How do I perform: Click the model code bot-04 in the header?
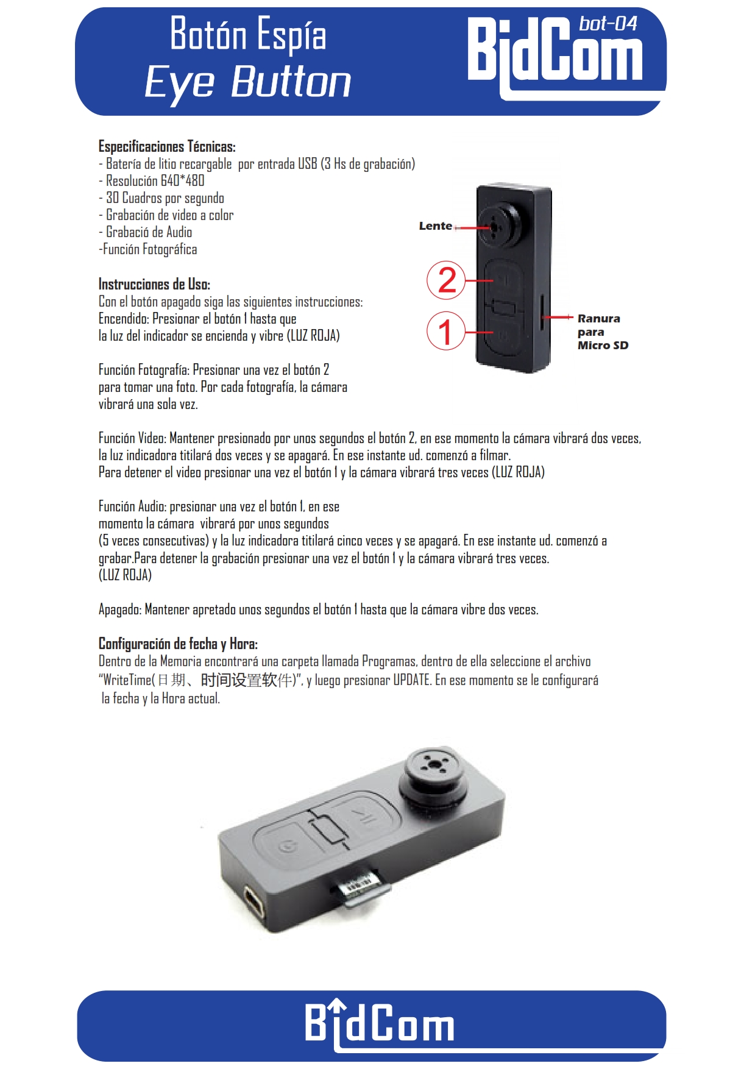pyautogui.click(x=608, y=24)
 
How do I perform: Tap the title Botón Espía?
pyautogui.click(x=248, y=34)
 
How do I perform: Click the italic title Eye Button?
pyautogui.click(x=248, y=82)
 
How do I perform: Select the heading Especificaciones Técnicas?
pyautogui.click(x=167, y=146)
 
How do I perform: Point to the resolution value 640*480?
pyautogui.click(x=182, y=181)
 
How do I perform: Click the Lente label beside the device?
pyautogui.click(x=435, y=226)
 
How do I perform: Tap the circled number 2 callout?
pyautogui.click(x=446, y=280)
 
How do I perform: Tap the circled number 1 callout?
pyautogui.click(x=445, y=331)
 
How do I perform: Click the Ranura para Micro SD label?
pyautogui.click(x=601, y=332)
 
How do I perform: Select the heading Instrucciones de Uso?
pyautogui.click(x=154, y=284)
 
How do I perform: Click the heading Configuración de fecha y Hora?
pyautogui.click(x=178, y=644)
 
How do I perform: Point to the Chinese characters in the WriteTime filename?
pyautogui.click(x=225, y=680)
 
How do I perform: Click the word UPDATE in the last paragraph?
pyautogui.click(x=412, y=680)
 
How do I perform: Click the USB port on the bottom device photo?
pyautogui.click(x=255, y=901)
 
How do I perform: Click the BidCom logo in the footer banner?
pyautogui.click(x=379, y=1024)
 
